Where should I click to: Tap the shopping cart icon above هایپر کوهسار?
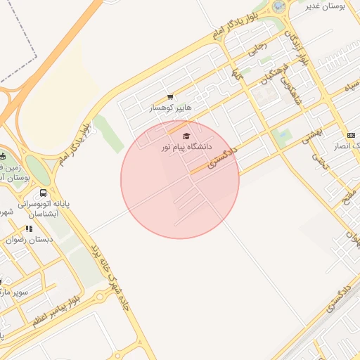point(170,97)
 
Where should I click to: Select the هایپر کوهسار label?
point(170,108)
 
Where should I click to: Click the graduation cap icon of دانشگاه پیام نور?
point(186,136)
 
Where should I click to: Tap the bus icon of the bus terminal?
point(44,193)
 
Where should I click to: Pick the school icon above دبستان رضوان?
point(29,229)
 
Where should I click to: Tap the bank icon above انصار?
point(351,135)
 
